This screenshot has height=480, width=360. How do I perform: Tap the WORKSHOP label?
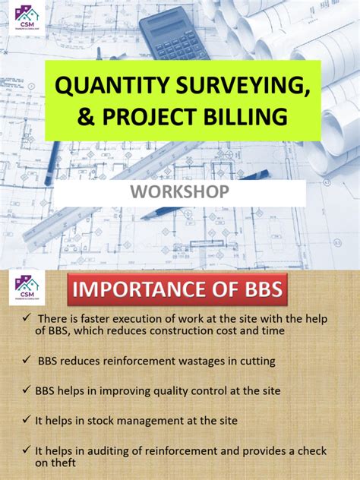(180, 191)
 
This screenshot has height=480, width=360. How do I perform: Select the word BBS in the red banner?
(254, 289)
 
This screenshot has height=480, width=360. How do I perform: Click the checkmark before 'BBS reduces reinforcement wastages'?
(26, 360)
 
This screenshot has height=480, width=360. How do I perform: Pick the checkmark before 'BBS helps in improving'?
(26, 390)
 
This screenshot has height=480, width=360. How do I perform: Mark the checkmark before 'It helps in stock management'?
(26, 419)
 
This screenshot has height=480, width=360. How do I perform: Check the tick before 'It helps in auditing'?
(26, 449)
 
